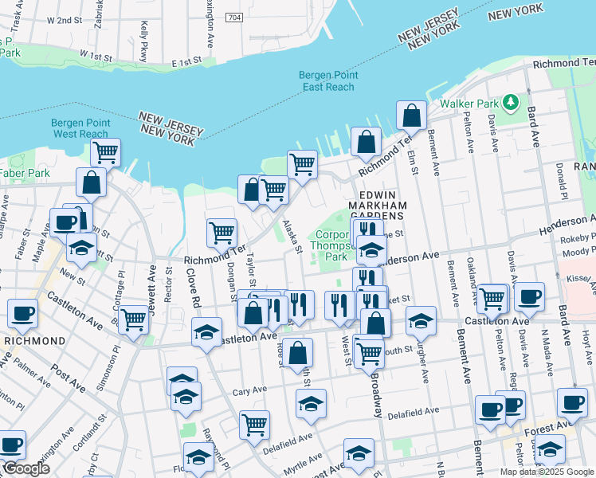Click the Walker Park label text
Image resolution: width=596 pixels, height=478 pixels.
(470, 104)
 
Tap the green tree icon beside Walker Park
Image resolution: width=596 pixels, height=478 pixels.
(512, 104)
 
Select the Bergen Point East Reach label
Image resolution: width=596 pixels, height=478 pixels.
(328, 80)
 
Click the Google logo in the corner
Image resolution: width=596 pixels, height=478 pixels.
(25, 468)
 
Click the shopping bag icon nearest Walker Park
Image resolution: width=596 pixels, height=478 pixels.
(411, 116)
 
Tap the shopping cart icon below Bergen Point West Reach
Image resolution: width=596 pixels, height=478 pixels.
(105, 151)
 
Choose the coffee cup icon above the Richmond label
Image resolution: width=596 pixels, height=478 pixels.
(22, 312)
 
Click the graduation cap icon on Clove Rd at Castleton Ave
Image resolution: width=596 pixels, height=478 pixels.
(206, 331)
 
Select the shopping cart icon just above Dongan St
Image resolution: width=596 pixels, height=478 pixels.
(222, 232)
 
